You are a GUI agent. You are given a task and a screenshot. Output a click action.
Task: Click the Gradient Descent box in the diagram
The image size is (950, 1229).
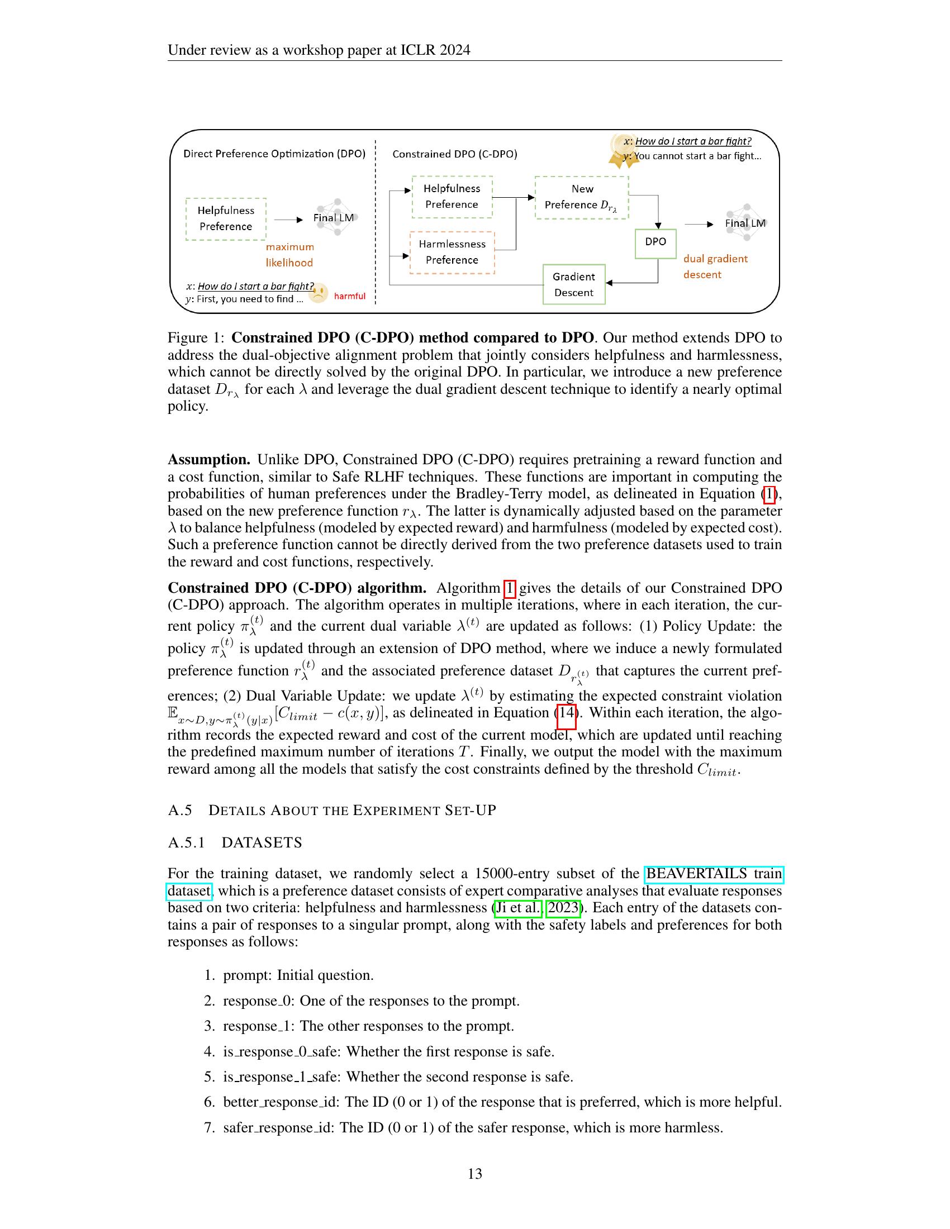pyautogui.click(x=573, y=284)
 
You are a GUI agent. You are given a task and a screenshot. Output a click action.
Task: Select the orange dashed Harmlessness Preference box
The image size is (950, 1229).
pyautogui.click(x=452, y=252)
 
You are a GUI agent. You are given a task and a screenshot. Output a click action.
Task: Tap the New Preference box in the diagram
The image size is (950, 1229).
pyautogui.click(x=581, y=198)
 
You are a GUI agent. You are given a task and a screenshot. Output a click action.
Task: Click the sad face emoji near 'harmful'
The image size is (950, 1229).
pyautogui.click(x=319, y=293)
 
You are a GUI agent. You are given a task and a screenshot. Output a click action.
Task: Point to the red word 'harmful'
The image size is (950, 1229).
pyautogui.click(x=349, y=296)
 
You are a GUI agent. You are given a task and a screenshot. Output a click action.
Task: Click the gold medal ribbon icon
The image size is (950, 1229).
pyautogui.click(x=623, y=151)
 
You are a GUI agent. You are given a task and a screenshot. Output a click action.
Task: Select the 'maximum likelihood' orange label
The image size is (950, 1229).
pyautogui.click(x=290, y=255)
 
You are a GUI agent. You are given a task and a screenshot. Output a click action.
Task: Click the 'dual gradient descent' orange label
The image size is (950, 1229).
pyautogui.click(x=715, y=266)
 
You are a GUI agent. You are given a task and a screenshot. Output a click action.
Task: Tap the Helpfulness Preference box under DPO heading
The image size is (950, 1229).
pyautogui.click(x=226, y=219)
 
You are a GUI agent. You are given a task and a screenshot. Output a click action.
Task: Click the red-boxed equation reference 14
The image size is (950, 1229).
pyautogui.click(x=566, y=713)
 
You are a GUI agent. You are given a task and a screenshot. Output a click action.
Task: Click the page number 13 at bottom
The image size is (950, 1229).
pyautogui.click(x=474, y=1173)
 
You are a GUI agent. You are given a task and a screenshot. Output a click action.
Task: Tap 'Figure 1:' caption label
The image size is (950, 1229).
pyautogui.click(x=195, y=337)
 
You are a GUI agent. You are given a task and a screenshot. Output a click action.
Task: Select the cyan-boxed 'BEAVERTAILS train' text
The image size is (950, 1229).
pyautogui.click(x=714, y=874)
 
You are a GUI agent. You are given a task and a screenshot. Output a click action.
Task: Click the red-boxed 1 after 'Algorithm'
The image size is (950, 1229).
pyautogui.click(x=509, y=588)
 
